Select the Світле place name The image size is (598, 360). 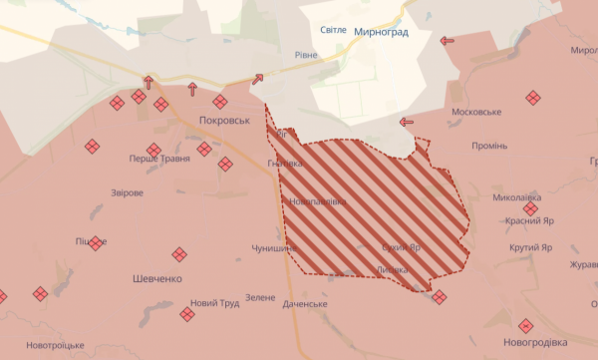click(x=334, y=31)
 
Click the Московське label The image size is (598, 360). click(x=476, y=112)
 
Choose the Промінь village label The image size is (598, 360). click(x=489, y=146)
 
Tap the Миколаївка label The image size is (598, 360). click(x=516, y=197)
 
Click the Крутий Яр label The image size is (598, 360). click(x=530, y=247)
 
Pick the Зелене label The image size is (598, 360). click(x=260, y=297)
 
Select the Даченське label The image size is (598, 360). click(x=305, y=303)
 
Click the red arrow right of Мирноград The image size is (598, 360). click(x=447, y=40)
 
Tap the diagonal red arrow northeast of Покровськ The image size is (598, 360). click(x=259, y=79)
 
